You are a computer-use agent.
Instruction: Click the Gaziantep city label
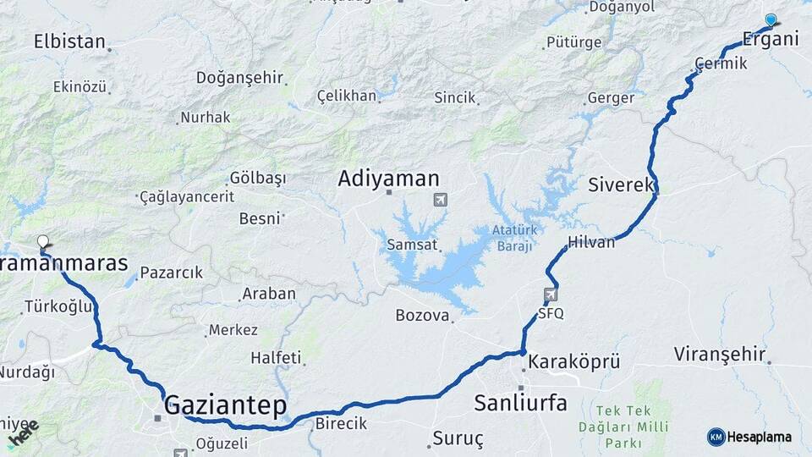[226, 405]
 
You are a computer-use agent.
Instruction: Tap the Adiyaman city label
[388, 179]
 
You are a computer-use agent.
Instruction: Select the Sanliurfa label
[520, 402]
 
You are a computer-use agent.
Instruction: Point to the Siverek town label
[622, 184]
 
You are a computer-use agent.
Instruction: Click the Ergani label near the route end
[770, 39]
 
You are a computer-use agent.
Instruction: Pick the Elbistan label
[69, 41]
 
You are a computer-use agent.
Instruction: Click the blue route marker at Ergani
[771, 19]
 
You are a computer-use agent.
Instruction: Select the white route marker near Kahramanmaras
[43, 241]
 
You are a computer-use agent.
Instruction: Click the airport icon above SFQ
[551, 295]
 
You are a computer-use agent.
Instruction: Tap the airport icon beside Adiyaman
[440, 200]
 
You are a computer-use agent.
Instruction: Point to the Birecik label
[341, 423]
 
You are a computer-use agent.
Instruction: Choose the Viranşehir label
[720, 354]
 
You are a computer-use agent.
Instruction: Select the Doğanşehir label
[239, 77]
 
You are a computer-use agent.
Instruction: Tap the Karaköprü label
[574, 362]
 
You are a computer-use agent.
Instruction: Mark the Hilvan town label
[592, 242]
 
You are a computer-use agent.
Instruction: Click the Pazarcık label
[171, 273]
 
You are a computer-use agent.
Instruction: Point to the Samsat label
[412, 245]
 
